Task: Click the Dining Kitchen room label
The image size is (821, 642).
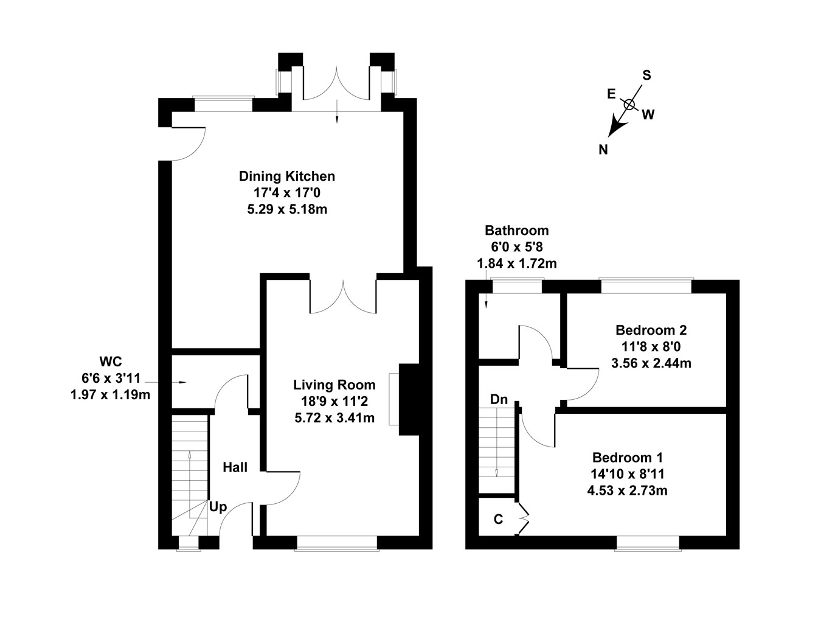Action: click(286, 176)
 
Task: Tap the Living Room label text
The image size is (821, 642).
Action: click(334, 385)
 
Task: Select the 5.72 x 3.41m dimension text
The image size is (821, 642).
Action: click(334, 417)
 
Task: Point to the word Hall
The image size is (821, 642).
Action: click(235, 467)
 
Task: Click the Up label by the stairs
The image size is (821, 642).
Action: click(218, 506)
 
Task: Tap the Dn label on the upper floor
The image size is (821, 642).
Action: click(499, 400)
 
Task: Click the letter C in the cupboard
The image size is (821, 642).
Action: click(498, 519)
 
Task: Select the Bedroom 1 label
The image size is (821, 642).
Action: click(628, 458)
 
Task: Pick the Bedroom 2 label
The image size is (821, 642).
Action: click(651, 330)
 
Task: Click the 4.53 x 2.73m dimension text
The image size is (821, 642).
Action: click(627, 490)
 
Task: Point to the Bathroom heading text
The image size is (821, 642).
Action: click(516, 231)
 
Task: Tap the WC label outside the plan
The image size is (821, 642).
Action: click(111, 362)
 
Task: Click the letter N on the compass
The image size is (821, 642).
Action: click(603, 150)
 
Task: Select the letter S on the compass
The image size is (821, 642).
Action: click(646, 75)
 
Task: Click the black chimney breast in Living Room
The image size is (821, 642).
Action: click(409, 399)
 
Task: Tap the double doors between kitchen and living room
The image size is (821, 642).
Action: click(344, 297)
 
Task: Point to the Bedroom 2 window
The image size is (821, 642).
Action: click(645, 285)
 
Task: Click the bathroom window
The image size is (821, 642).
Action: click(517, 285)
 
